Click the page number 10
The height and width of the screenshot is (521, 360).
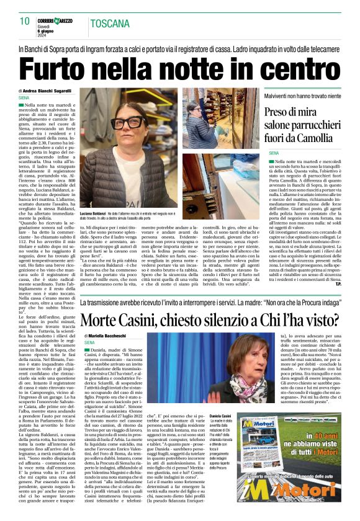coord(25,22)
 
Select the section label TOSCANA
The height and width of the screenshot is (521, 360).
coord(109,25)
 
